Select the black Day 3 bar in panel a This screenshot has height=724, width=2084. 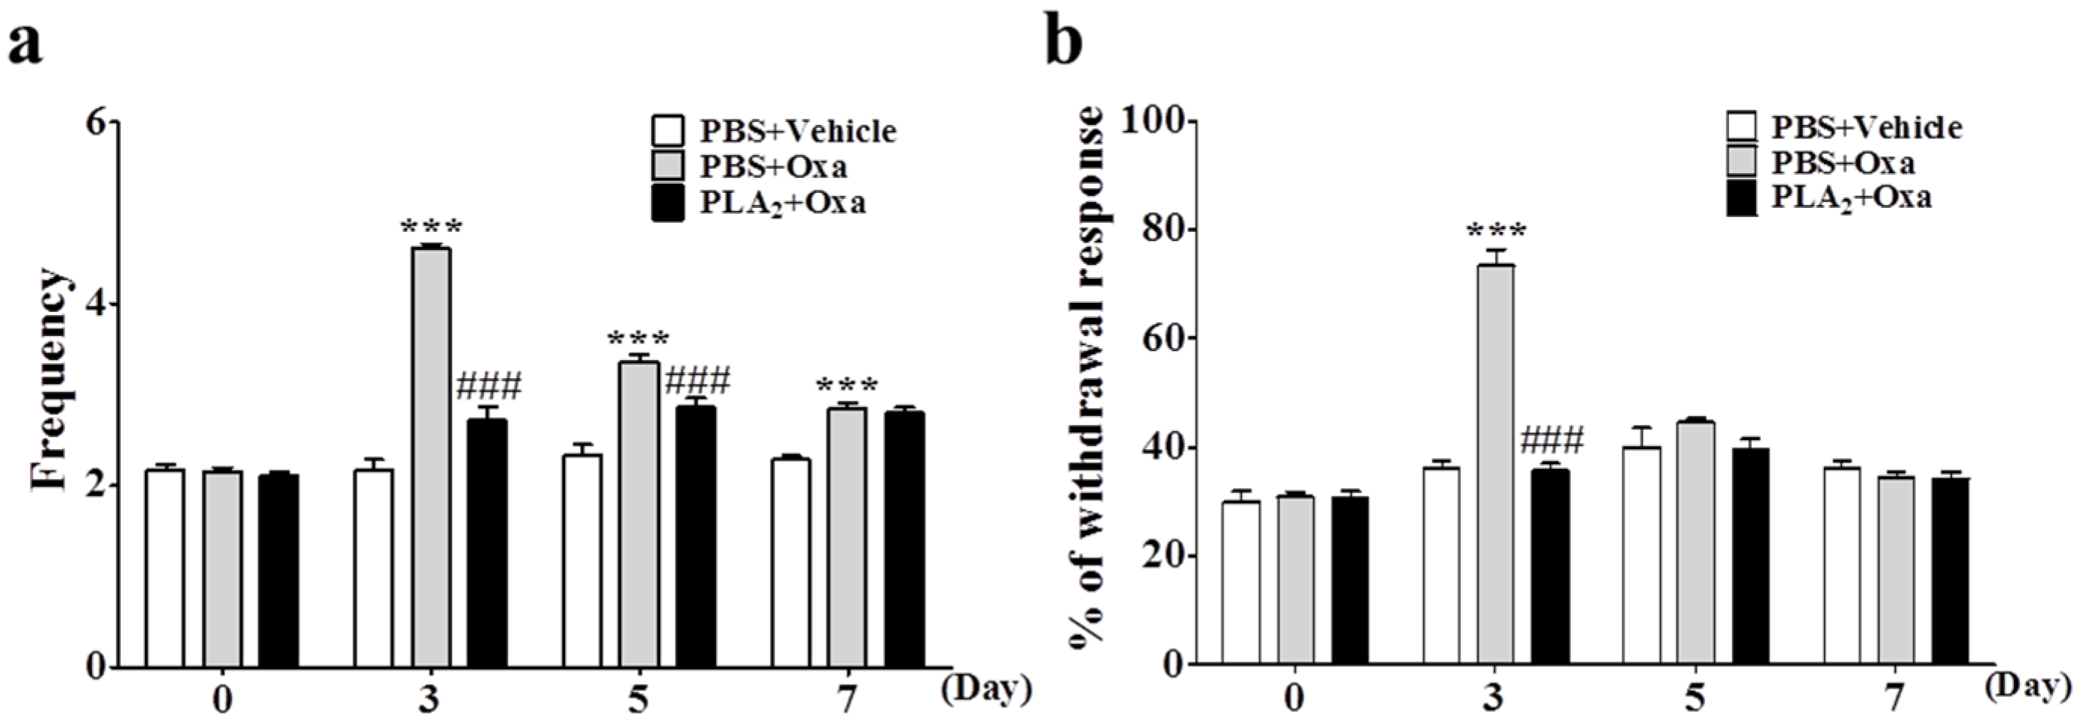487,542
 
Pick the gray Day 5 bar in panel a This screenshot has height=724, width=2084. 639,514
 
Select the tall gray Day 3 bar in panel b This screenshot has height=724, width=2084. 1495,464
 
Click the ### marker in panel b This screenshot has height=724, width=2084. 1551,441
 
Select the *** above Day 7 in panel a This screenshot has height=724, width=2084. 846,385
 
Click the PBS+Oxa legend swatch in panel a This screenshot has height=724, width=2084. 668,165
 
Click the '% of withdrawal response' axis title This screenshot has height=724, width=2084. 1089,388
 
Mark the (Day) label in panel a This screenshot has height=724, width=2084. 986,689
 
